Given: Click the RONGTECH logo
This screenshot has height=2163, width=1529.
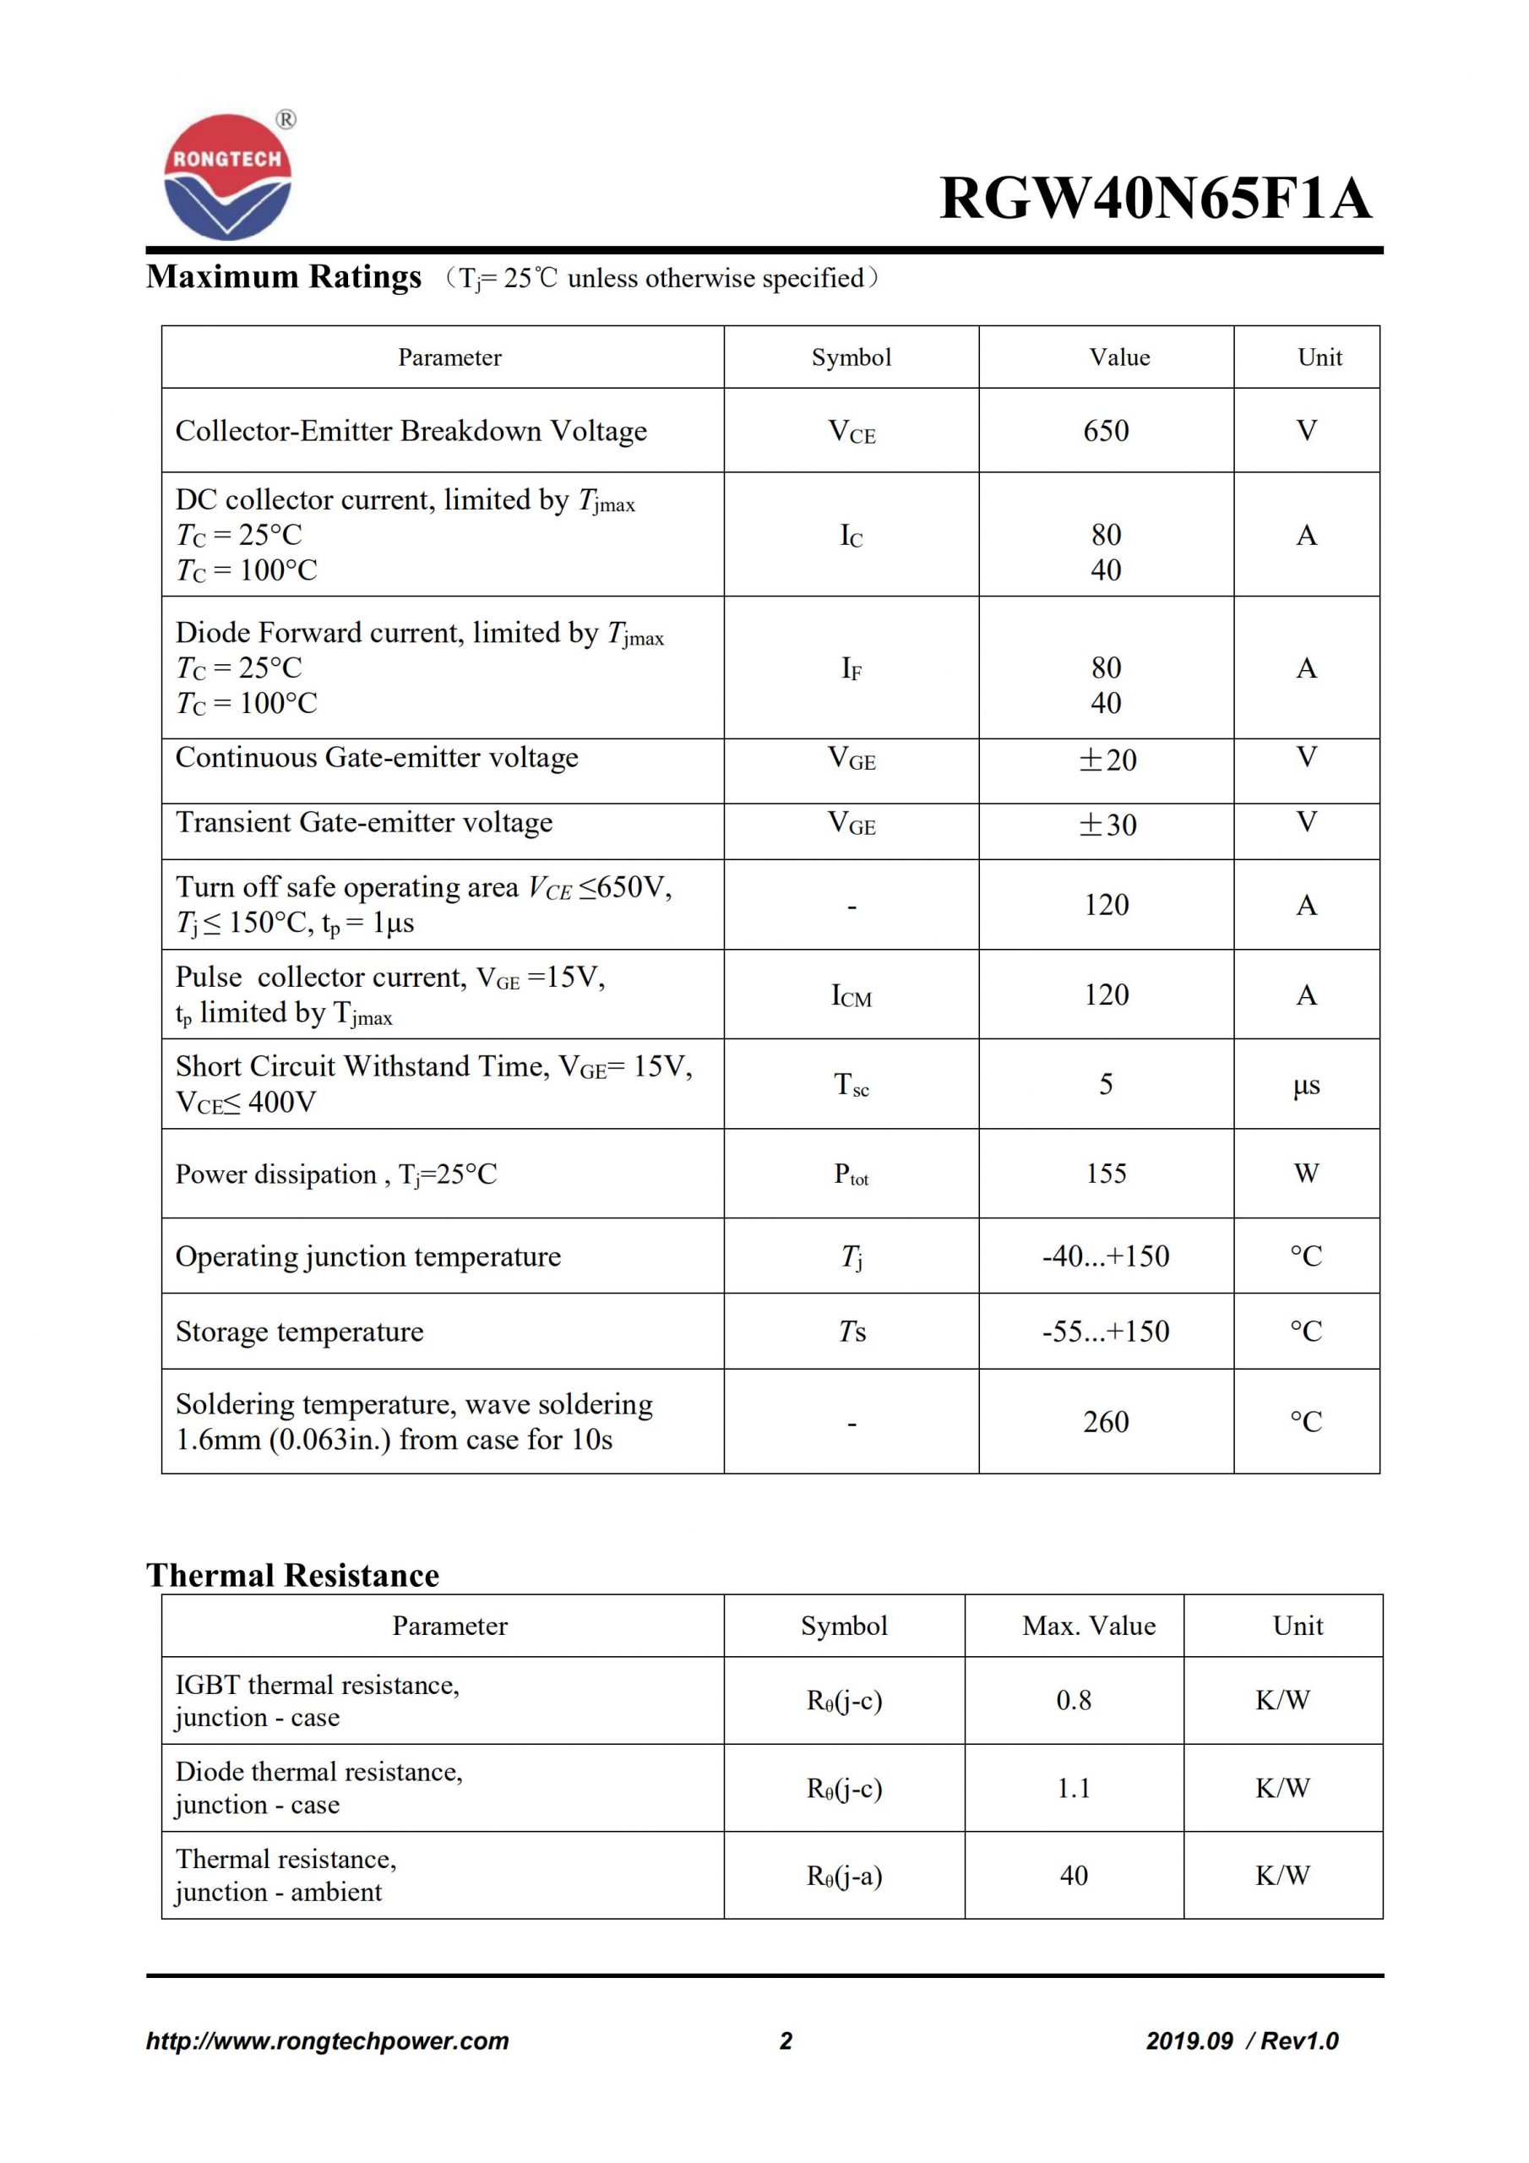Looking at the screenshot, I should (x=227, y=177).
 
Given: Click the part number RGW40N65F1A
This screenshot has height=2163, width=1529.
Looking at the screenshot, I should (x=1155, y=199).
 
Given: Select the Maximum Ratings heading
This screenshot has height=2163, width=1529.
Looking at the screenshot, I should (x=284, y=277).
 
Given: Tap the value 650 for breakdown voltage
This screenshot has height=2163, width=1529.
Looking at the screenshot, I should (x=1105, y=431).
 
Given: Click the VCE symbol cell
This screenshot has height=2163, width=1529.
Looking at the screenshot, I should (x=851, y=432).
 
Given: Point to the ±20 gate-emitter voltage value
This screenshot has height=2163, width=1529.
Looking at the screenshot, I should (x=1107, y=760).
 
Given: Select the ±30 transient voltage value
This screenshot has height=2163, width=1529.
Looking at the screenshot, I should (x=1107, y=825).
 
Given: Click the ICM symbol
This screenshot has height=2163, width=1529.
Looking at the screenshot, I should (x=851, y=996).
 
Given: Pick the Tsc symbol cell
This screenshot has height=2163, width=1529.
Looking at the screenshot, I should (x=851, y=1084).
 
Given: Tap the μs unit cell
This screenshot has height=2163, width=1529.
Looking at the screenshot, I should (x=1306, y=1085).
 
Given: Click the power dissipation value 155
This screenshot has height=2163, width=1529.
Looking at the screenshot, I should (x=1105, y=1173).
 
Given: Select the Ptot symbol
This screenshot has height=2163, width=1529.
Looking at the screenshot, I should (x=851, y=1174).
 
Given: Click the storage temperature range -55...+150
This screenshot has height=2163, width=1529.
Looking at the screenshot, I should (x=1105, y=1331).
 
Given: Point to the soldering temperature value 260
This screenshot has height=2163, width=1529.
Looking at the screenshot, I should (x=1105, y=1422).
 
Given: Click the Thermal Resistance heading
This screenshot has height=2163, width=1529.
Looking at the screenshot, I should (x=292, y=1575).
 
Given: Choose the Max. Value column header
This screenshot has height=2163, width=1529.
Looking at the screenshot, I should (x=1088, y=1625).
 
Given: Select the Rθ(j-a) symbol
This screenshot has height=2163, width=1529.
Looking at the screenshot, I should (x=844, y=1876).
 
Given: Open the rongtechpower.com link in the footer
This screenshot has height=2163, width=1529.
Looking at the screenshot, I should (x=327, y=2040).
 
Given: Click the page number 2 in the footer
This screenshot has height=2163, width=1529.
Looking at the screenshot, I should (x=786, y=2040).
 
